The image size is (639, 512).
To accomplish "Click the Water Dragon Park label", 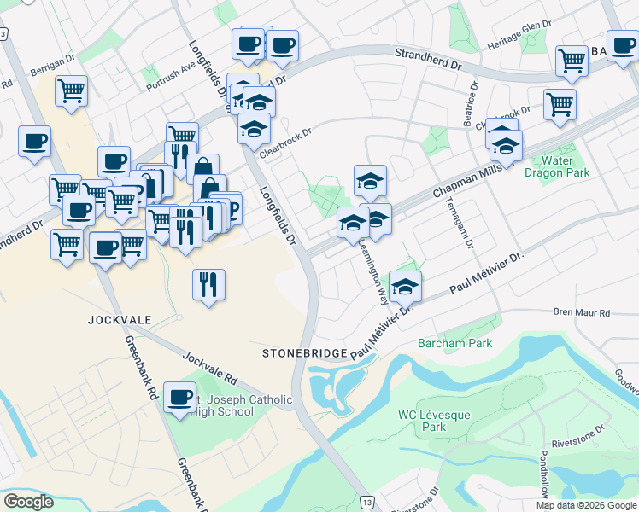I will pyautogui.click(x=565, y=166).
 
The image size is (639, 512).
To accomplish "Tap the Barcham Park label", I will pyautogui.click(x=455, y=343).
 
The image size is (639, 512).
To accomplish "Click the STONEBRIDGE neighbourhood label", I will pyautogui.click(x=304, y=352).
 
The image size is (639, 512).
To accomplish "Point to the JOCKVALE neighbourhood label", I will pyautogui.click(x=119, y=320).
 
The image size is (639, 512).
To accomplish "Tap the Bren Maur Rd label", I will pyautogui.click(x=582, y=313).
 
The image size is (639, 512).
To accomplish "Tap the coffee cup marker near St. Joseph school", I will pyautogui.click(x=179, y=398).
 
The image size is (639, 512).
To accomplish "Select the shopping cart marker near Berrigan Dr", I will pyautogui.click(x=71, y=91).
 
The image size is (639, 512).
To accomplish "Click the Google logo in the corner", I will pyautogui.click(x=29, y=502).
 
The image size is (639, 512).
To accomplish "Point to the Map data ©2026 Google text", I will pyautogui.click(x=586, y=505).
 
